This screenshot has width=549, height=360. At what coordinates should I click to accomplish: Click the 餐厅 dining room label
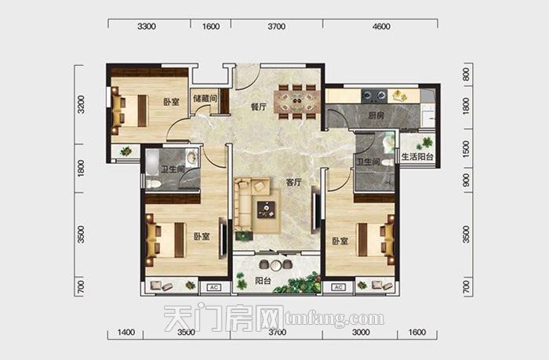click(x=259, y=107)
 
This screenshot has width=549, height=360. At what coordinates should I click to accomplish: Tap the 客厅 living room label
click(x=293, y=183)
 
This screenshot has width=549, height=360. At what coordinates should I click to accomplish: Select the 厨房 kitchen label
click(x=376, y=115)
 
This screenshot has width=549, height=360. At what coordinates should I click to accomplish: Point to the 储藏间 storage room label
click(x=205, y=98)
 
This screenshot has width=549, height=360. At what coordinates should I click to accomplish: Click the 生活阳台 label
click(x=417, y=157)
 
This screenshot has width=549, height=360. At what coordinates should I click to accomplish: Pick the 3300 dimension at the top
click(x=147, y=26)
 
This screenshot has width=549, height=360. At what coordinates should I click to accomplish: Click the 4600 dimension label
click(x=381, y=26)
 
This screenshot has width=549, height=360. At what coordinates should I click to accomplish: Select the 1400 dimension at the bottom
click(x=126, y=332)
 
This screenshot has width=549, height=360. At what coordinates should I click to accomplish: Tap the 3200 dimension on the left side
click(x=81, y=104)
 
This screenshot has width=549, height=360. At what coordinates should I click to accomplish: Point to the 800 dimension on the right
click(x=466, y=75)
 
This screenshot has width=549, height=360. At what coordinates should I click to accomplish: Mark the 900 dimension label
click(x=466, y=180)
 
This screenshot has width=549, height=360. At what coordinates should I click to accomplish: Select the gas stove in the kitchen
click(x=374, y=96)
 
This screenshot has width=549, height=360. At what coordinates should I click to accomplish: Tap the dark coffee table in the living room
click(x=267, y=209)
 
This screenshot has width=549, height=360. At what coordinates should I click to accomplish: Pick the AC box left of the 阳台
click(x=213, y=288)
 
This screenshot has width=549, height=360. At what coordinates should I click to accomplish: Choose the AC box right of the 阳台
click(x=338, y=287)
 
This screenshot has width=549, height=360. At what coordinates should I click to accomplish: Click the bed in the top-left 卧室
click(x=129, y=111)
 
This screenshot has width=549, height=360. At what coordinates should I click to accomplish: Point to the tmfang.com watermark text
click(x=334, y=318)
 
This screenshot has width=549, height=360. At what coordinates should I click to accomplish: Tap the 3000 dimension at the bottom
click(x=361, y=332)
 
